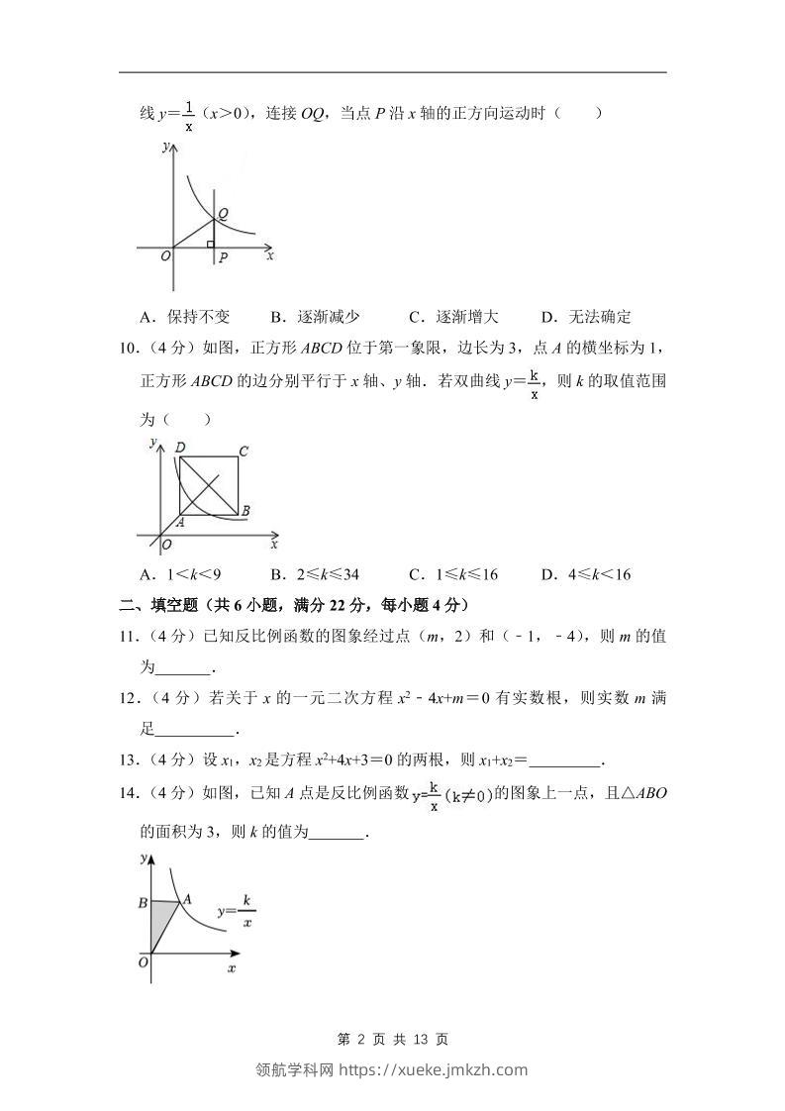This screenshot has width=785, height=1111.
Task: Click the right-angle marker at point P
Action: click(209, 244)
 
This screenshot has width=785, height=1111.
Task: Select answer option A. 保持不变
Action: click(185, 317)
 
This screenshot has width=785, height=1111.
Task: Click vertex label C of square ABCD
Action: click(244, 452)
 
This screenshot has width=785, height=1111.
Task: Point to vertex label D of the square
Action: click(179, 448)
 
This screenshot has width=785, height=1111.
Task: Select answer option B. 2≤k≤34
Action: click(315, 574)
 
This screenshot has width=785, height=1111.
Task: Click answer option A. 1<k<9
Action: click(180, 574)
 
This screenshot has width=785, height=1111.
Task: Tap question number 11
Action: click(129, 637)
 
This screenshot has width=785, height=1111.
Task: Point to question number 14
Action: click(129, 792)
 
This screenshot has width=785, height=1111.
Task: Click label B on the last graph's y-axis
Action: click(143, 903)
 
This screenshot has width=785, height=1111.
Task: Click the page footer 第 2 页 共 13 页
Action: click(393, 1039)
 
